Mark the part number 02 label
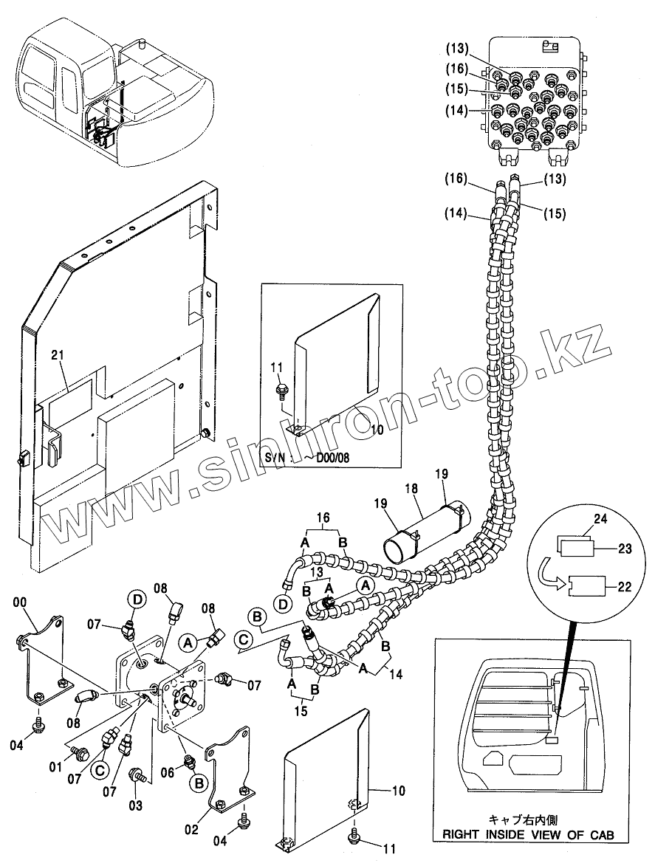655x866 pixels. [191, 829]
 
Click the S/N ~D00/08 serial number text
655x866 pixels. [307, 457]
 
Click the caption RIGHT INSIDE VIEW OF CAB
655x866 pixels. [527, 834]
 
